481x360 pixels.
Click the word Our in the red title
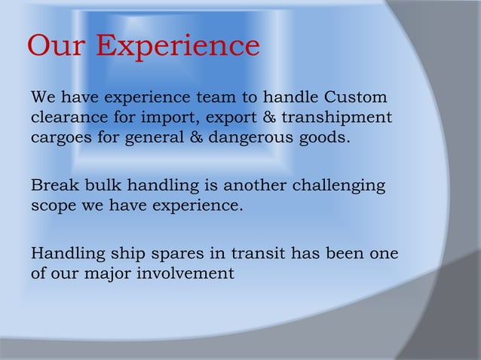pos(58,47)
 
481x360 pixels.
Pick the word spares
pos(182,254)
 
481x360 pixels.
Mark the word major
pos(107,273)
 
